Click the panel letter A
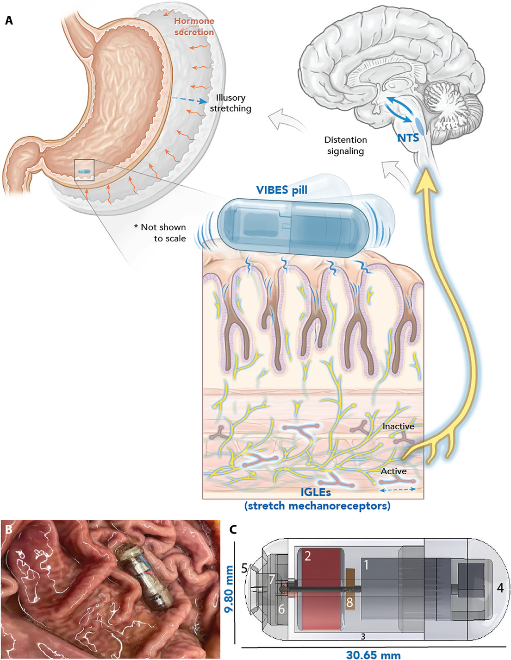pos(9,20)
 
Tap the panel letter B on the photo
pos(9,528)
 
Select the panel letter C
pos(233,529)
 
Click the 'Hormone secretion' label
pos(194,26)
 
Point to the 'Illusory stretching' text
pos(231,103)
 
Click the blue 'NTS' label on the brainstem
pos(408,138)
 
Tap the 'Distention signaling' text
pos(345,145)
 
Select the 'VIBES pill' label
pos(281,190)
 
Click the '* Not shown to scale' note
pos(161,233)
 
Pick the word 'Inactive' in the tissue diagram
pos(398,426)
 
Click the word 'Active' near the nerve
pos(393,471)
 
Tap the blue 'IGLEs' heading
pos(316,492)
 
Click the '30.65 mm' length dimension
pos(373,654)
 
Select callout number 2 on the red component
pos(307,556)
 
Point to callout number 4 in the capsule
pos(500,588)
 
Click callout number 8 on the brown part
pos(349,603)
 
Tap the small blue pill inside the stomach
pos(84,171)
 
